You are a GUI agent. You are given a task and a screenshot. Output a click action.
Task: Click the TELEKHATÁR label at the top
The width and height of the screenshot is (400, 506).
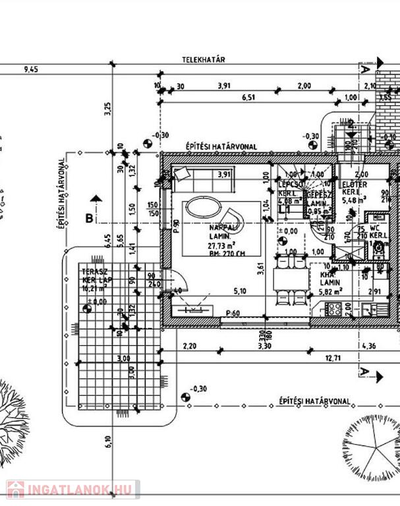(204, 59)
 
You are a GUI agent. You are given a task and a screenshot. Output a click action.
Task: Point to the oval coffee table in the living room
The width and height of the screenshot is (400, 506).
(204, 209)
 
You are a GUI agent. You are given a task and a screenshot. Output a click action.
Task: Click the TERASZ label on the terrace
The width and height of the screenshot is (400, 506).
(91, 271)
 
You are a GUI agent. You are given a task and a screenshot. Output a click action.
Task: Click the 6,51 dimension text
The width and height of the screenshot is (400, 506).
(248, 98)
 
